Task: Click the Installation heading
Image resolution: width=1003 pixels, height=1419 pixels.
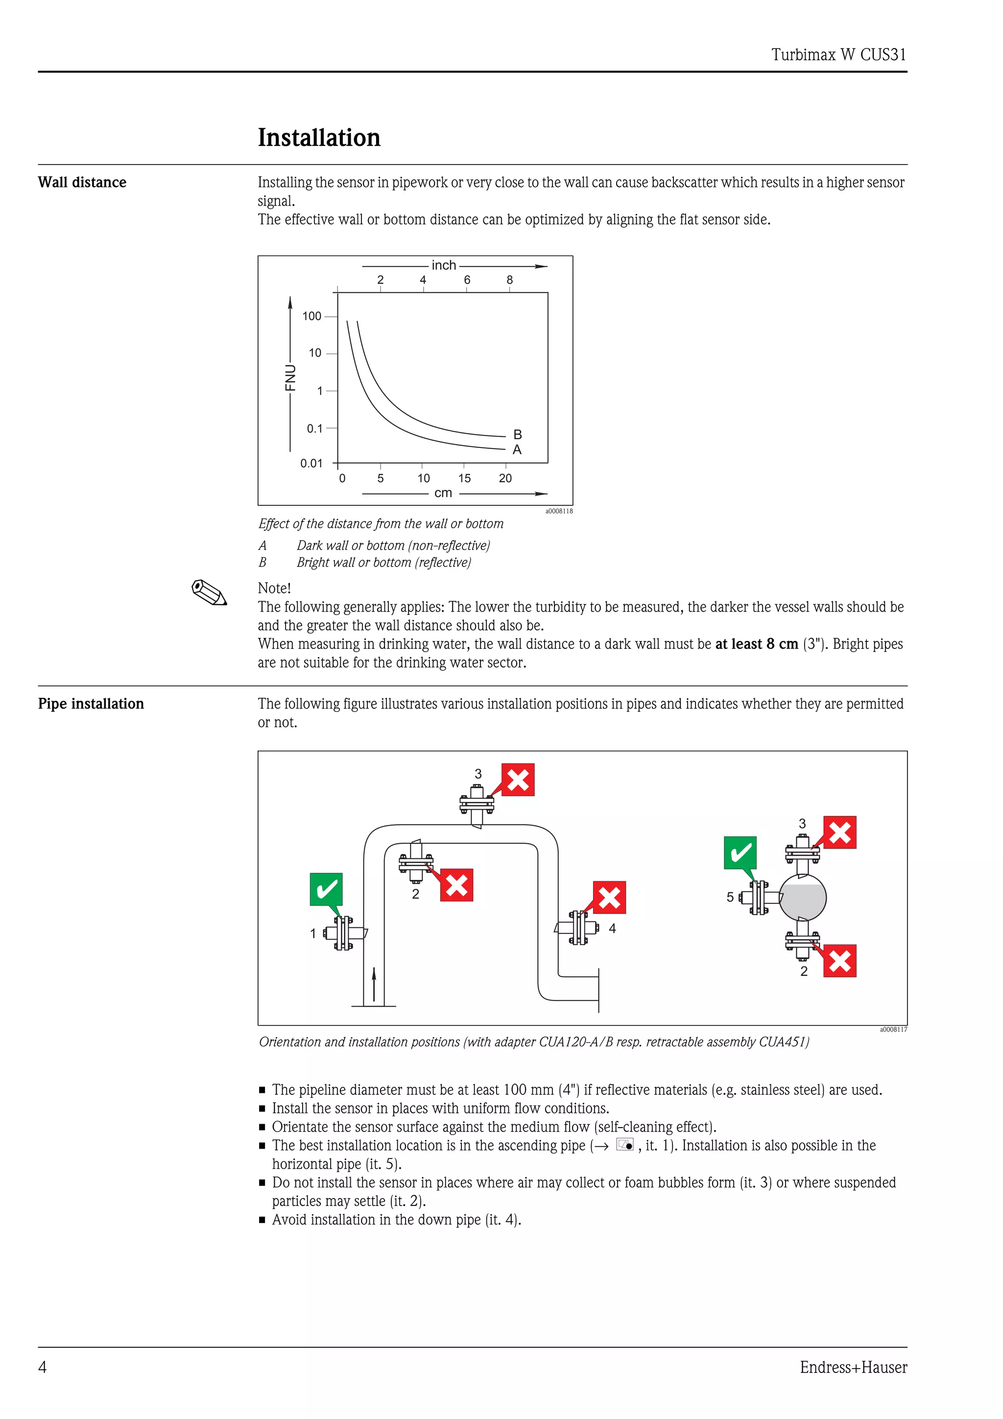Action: click(319, 137)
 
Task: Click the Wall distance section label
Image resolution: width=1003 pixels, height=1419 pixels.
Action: click(82, 182)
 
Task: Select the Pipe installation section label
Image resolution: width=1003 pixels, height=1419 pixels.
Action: click(91, 704)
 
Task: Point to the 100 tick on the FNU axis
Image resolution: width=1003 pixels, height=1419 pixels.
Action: click(312, 316)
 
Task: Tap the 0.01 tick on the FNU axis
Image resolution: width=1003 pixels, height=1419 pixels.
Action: click(311, 464)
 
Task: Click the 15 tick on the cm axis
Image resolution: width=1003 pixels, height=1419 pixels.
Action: click(464, 478)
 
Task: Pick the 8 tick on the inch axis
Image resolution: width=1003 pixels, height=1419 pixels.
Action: click(510, 280)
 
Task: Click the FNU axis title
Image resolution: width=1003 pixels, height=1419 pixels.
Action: click(290, 378)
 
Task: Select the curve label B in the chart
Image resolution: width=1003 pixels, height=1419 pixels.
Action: click(518, 434)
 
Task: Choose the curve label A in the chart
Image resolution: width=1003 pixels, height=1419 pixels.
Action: click(517, 450)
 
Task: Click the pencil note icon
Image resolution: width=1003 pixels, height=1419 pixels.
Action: click(209, 592)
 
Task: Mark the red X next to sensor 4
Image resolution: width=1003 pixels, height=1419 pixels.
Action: click(609, 898)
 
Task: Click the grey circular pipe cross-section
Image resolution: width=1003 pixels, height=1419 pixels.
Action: click(802, 898)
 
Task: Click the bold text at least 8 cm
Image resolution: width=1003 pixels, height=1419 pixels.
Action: click(757, 644)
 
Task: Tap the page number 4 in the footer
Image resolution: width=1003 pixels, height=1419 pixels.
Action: click(43, 1367)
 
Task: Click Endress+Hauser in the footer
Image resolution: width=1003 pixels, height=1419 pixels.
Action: click(854, 1367)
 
